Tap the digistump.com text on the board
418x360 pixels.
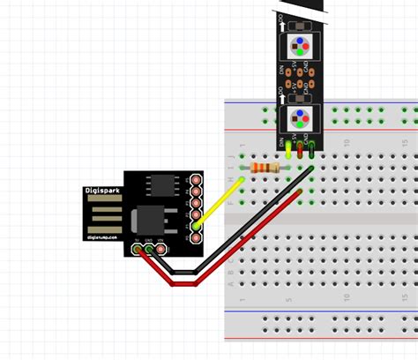pos(104,236)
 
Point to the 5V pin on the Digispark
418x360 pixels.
pos(138,251)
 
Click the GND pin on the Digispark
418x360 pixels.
pos(150,251)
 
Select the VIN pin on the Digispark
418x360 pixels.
pos(162,251)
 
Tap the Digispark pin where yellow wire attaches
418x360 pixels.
pos(195,226)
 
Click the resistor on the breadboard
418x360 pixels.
pos(265,168)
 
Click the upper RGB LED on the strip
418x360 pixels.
pos(299,45)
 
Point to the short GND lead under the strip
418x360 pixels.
pos(312,152)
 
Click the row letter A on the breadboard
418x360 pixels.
pos(231,284)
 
